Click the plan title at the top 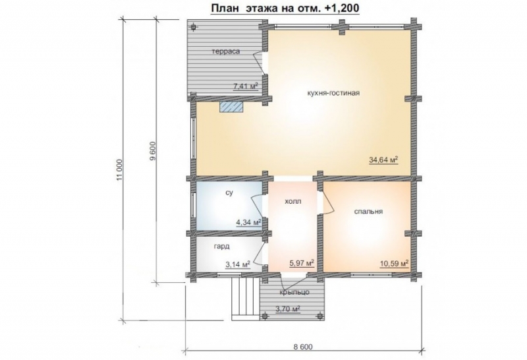coord(285,8)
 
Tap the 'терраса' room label coord(226,51)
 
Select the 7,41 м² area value coord(245,86)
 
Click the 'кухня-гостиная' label coord(333,93)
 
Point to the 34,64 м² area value coord(384,160)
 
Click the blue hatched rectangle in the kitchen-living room coord(231,107)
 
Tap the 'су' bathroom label coord(229,193)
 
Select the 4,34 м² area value coord(249,222)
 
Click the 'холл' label coord(293,202)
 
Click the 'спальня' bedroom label coord(369,212)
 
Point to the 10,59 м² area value coord(394,264)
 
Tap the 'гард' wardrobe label coord(222,247)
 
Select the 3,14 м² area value coord(238,265)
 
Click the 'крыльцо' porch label coord(294,292)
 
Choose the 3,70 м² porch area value coord(288,309)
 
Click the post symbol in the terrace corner coord(194,28)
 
